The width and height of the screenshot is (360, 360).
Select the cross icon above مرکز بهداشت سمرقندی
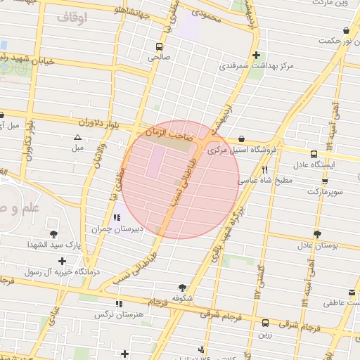tap(256, 55)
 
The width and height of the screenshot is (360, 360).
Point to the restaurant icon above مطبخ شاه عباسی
tap(265, 169)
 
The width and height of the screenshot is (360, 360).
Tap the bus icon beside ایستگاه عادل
tap(314, 151)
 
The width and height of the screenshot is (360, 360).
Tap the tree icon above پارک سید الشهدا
tap(53, 233)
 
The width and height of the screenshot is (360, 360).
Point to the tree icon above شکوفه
tap(183, 287)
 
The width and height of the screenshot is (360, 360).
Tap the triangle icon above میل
tap(77, 137)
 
